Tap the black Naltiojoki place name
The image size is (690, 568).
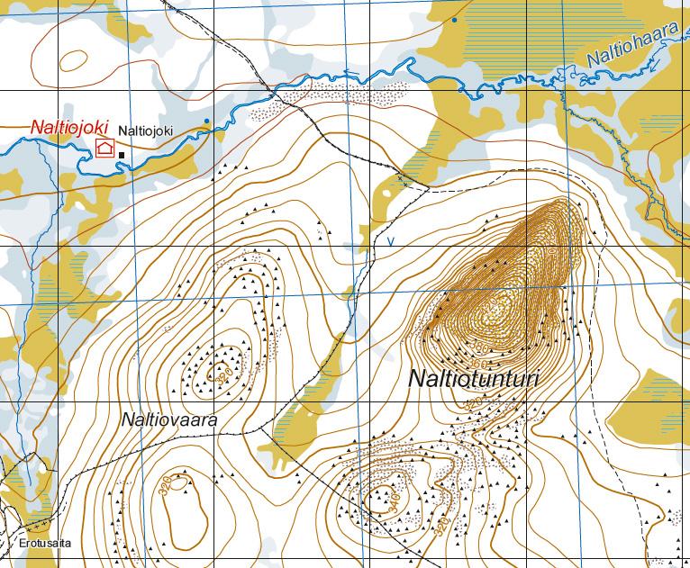[146, 131]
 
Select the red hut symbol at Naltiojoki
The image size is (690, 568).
[105, 149]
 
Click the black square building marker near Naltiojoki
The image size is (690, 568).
[122, 155]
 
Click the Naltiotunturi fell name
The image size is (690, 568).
[473, 379]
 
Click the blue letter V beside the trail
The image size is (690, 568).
[390, 241]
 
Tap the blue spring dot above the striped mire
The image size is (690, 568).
[455, 20]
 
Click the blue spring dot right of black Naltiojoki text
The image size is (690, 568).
[206, 121]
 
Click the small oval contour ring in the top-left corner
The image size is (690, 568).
[74, 60]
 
